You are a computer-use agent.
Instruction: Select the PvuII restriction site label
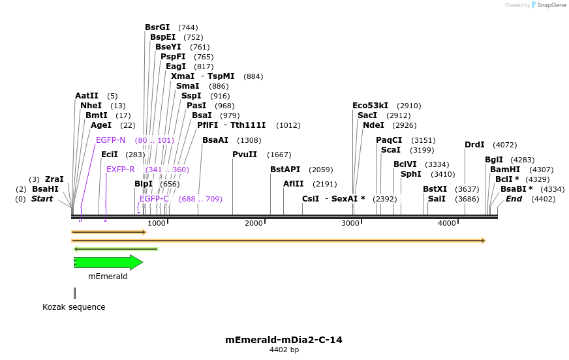(x=245, y=155)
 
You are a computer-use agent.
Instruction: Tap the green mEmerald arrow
(x=108, y=262)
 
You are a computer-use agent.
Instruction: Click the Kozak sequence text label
(x=74, y=307)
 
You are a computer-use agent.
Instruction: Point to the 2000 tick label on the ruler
(x=254, y=224)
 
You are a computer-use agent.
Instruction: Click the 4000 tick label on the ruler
(x=447, y=224)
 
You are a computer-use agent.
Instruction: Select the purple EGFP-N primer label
(x=110, y=140)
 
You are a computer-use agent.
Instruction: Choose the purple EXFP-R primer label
(x=120, y=170)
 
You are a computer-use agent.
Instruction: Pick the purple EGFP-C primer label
(x=154, y=199)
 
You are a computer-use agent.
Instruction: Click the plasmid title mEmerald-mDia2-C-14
(x=284, y=340)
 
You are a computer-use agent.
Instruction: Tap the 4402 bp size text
(x=284, y=350)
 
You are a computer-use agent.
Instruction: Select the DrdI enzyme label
(x=474, y=145)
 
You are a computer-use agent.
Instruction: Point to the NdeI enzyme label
(x=374, y=125)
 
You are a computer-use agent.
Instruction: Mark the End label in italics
(x=514, y=199)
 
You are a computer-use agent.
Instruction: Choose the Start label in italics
(x=42, y=199)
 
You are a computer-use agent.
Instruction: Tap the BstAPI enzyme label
(x=285, y=170)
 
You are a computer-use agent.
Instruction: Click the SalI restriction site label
(x=437, y=199)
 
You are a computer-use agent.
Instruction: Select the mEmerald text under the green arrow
(x=108, y=277)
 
